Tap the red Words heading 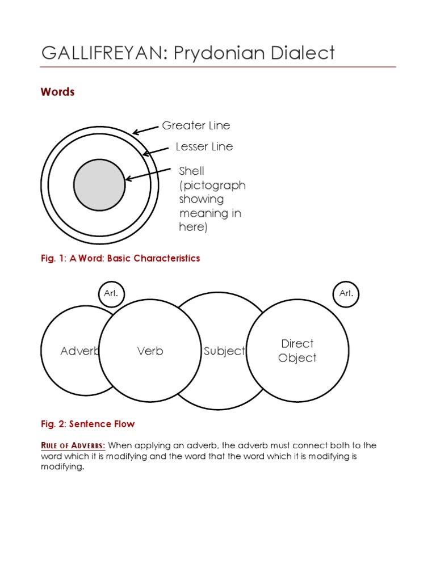coord(57,92)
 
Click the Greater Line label coord(196,125)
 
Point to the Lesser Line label coord(204,146)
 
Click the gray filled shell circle coord(99,184)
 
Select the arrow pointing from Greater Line coord(145,130)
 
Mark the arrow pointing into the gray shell coord(148,174)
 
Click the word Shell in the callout coord(192,171)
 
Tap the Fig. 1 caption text coord(120,258)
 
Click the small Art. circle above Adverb coord(111,294)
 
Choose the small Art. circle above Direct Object coord(346,294)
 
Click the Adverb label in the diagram coord(79,351)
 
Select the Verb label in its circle coord(150,351)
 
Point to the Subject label coord(224,351)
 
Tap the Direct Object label coord(297,351)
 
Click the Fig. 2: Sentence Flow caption coord(88,424)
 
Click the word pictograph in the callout coord(212,185)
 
